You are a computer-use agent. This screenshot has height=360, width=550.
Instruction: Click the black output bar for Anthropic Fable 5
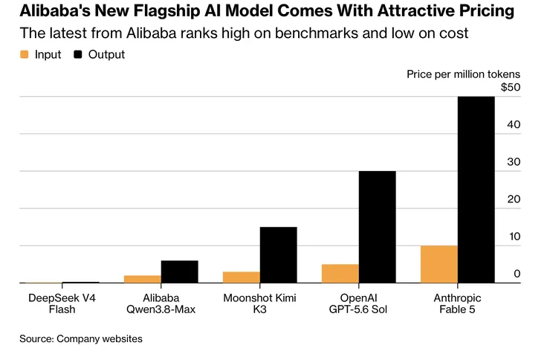coord(476,190)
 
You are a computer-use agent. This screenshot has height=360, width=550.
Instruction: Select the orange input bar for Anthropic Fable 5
coord(439,264)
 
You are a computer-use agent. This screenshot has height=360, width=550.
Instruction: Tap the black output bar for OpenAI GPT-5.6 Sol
coord(377,227)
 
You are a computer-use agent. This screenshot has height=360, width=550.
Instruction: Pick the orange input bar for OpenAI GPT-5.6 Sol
coord(340,273)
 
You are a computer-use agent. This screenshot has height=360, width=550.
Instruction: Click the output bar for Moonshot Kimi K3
coord(279,254)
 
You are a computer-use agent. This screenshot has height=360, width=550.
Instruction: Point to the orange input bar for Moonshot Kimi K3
coord(242,277)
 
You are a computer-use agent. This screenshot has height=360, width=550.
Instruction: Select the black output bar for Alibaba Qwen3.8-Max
coord(180,271)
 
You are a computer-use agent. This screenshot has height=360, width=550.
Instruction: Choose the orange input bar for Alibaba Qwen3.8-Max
coord(143,279)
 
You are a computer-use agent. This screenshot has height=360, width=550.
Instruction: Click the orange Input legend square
coord(25,54)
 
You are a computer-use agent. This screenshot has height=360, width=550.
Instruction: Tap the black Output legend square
coord(78,54)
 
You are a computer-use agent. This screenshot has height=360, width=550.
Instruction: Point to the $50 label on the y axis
coord(511,87)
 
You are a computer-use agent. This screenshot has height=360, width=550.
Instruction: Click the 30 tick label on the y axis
coord(514,161)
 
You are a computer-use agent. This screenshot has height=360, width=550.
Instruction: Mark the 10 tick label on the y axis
coord(514,237)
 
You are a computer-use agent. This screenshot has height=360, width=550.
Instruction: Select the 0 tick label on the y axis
coord(517,274)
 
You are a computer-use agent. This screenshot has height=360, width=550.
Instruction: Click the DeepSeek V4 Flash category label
coord(62,303)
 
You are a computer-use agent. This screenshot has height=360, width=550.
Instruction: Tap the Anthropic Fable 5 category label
coord(457,303)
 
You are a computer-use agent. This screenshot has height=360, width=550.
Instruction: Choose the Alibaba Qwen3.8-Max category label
coord(161,303)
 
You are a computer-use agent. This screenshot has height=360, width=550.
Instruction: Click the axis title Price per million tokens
coord(463,74)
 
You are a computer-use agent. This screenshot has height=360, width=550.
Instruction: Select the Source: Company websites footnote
coord(81,338)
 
